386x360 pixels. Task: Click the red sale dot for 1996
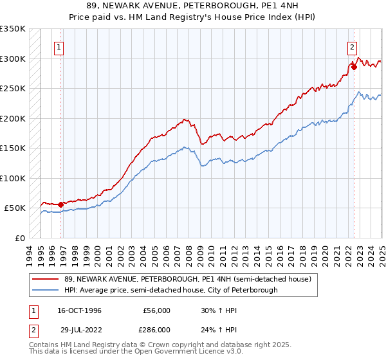pos(61,205)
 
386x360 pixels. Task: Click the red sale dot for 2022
pos(354,66)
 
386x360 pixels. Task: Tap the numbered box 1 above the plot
pos(59,46)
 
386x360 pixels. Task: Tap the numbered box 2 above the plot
pos(353,46)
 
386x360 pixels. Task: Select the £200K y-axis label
pos(13,118)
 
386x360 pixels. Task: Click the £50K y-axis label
pos(15,208)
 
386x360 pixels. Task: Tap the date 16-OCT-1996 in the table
pos(79,310)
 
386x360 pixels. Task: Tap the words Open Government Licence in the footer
pos(187,353)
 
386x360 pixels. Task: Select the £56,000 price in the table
pos(156,310)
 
